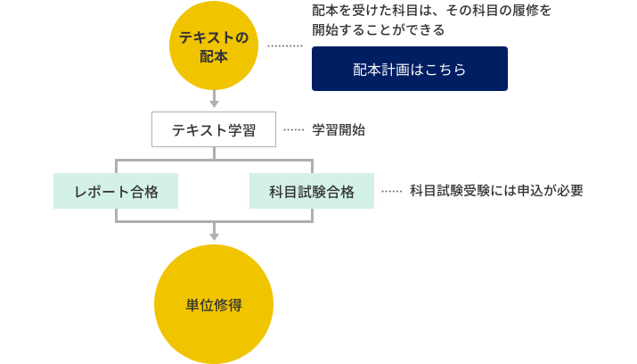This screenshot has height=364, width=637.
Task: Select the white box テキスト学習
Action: click(214, 130)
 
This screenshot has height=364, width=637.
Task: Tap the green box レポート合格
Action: click(116, 192)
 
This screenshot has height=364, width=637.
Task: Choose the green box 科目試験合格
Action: click(312, 192)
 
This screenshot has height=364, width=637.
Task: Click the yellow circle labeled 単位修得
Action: click(214, 304)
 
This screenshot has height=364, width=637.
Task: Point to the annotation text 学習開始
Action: click(338, 130)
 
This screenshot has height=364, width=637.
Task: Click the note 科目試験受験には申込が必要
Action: click(496, 191)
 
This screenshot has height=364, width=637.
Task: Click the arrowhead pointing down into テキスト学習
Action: click(214, 103)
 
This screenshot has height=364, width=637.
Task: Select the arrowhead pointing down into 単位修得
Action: click(214, 236)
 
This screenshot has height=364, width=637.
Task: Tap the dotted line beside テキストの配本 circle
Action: click(285, 45)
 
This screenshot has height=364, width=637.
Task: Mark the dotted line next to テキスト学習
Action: click(293, 130)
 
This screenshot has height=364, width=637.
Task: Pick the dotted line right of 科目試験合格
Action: click(391, 191)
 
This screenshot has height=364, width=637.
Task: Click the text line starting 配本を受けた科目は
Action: click(431, 11)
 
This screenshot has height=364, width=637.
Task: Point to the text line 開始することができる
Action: click(378, 30)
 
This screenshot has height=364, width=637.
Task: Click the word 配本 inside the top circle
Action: click(214, 56)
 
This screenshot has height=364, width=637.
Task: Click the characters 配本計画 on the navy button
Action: click(380, 70)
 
